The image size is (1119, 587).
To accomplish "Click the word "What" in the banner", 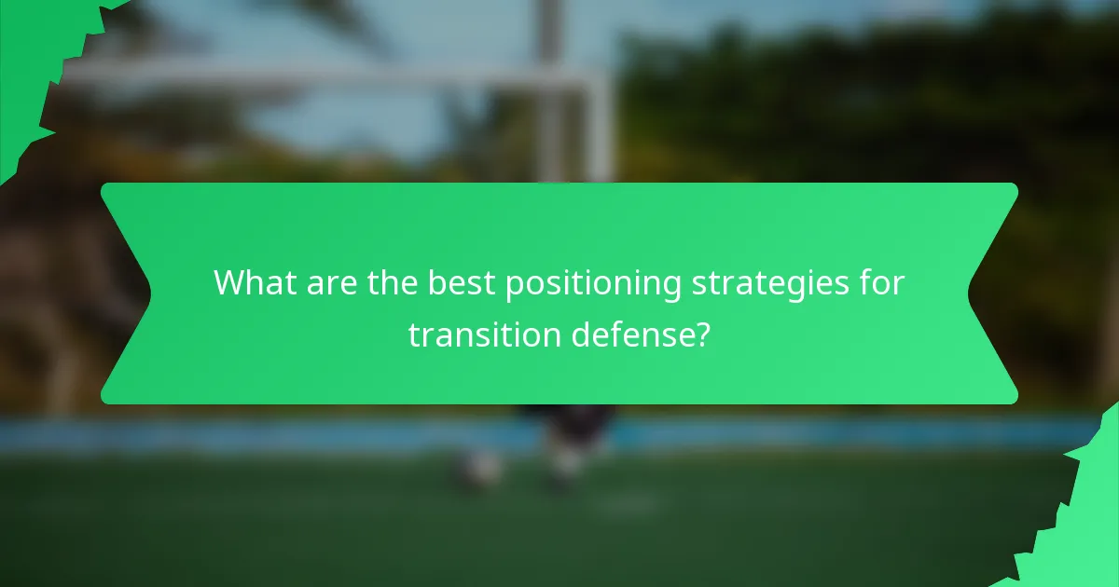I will click(x=251, y=283).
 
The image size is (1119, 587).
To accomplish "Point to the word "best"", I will click(x=463, y=283).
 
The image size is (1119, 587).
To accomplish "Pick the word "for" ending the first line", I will click(x=880, y=283).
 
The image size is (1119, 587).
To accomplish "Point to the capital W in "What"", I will click(x=229, y=283).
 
